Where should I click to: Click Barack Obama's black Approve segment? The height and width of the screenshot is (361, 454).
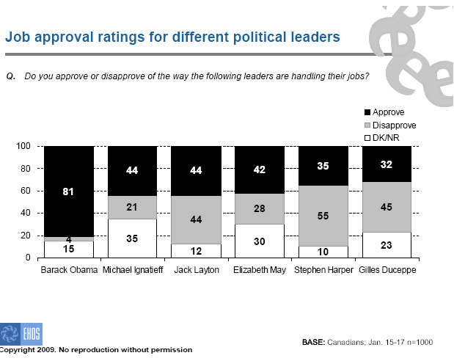(x=69, y=192)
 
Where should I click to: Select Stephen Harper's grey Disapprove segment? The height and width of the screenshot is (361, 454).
(x=323, y=216)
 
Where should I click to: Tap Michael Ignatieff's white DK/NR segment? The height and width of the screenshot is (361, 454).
(x=132, y=238)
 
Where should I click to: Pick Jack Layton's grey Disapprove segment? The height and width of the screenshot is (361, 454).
(x=196, y=220)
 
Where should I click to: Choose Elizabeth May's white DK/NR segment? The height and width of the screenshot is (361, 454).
(x=260, y=241)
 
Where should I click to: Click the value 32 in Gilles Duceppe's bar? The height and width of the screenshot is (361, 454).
(x=387, y=164)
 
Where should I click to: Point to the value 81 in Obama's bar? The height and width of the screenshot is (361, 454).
(x=68, y=192)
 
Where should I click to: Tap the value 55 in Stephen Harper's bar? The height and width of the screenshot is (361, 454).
(x=323, y=216)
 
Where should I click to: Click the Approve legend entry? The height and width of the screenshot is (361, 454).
(x=384, y=112)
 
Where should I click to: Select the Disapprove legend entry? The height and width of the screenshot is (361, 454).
(x=390, y=125)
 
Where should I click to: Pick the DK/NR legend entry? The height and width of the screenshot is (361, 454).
(x=381, y=138)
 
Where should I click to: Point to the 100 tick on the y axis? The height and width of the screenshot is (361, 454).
(x=23, y=146)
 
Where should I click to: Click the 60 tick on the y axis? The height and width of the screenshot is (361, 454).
(x=26, y=191)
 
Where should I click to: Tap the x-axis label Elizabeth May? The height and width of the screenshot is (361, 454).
(x=260, y=270)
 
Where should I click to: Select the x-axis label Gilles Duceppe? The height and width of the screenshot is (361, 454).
(x=387, y=270)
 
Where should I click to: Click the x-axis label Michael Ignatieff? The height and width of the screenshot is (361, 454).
(x=133, y=270)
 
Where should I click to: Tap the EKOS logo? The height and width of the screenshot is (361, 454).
(x=21, y=333)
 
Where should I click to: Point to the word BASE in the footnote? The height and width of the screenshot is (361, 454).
(x=314, y=342)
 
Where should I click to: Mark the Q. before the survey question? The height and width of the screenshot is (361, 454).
(x=11, y=76)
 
